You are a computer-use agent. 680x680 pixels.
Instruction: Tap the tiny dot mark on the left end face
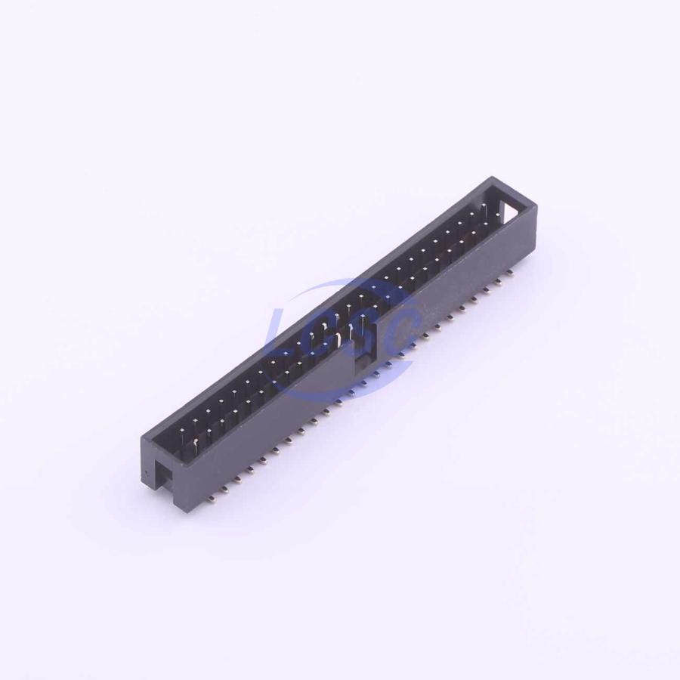tap(148, 473)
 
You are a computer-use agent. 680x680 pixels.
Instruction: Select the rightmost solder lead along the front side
tap(510, 272)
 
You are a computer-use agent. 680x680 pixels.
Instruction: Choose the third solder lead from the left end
tap(236, 479)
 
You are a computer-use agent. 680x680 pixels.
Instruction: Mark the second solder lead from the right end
tap(499, 282)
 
